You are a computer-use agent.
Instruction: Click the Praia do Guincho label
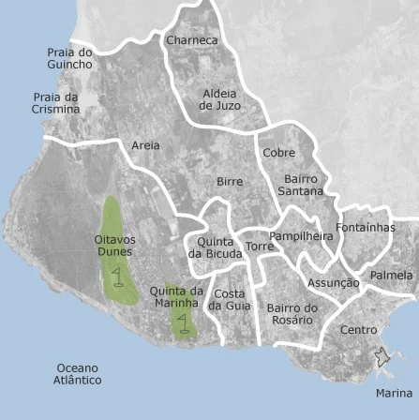coord(70,59)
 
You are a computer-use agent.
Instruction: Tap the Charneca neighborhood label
coord(191,40)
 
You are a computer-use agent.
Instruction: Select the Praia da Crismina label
coord(56,103)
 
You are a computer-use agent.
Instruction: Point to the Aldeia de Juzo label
coord(219,100)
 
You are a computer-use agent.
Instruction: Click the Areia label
coord(145,145)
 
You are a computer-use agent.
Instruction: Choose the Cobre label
coord(278,153)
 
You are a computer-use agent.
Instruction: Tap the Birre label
coord(230,182)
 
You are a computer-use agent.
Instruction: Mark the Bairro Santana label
coord(301,185)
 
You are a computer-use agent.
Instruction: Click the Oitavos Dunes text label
coord(114,246)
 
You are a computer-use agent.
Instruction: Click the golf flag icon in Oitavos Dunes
coord(116,276)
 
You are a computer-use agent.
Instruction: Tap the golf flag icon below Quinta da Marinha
coord(183,323)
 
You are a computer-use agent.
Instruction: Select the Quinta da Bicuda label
coord(215,247)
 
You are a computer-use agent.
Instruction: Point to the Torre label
coord(260,247)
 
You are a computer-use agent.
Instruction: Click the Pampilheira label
coord(301,236)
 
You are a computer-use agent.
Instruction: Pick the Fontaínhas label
coord(366,228)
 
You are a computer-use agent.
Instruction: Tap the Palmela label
coord(391,276)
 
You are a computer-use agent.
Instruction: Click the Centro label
coord(358,330)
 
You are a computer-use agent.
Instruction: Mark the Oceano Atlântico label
coord(77,374)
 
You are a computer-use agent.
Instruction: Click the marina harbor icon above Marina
coord(382,357)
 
